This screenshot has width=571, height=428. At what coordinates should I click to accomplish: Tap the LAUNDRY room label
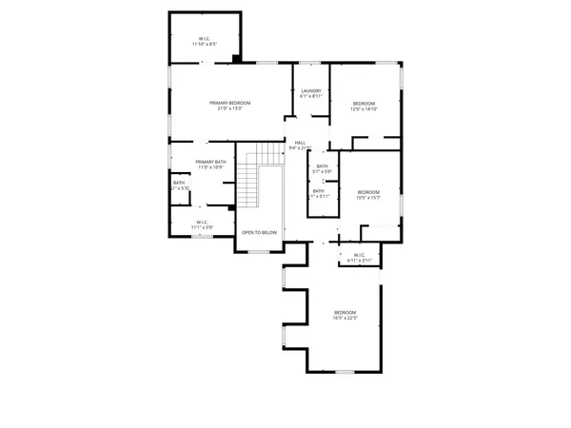pyautogui.click(x=310, y=90)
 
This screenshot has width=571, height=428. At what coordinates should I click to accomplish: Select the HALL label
pyautogui.click(x=300, y=142)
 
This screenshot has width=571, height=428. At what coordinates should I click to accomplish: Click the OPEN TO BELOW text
pyautogui.click(x=259, y=232)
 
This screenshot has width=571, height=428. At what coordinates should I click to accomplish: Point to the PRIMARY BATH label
pyautogui.click(x=211, y=162)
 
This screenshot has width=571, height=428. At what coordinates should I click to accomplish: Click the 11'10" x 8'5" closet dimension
pyautogui.click(x=205, y=45)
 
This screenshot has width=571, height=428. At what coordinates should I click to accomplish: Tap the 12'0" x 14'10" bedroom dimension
pyautogui.click(x=364, y=109)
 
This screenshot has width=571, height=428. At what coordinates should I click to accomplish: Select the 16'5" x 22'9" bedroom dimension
pyautogui.click(x=345, y=319)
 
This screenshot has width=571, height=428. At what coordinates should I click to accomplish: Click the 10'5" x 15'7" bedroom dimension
pyautogui.click(x=367, y=198)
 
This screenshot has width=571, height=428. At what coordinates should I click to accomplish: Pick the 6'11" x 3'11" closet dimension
pyautogui.click(x=359, y=260)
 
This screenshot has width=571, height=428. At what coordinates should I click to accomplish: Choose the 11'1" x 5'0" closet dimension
pyautogui.click(x=202, y=227)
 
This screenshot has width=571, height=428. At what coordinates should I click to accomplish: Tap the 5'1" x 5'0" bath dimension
pyautogui.click(x=322, y=171)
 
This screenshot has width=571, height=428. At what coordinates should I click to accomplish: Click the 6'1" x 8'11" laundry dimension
pyautogui.click(x=310, y=96)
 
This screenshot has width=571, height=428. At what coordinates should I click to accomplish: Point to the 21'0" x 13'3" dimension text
pyautogui.click(x=230, y=107)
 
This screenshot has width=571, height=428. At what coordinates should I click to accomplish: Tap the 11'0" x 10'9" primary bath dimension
pyautogui.click(x=211, y=167)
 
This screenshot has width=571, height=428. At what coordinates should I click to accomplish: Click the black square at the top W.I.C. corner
pyautogui.click(x=235, y=60)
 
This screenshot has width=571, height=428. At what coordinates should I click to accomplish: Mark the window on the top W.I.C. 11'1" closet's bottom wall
pyautogui.click(x=202, y=238)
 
